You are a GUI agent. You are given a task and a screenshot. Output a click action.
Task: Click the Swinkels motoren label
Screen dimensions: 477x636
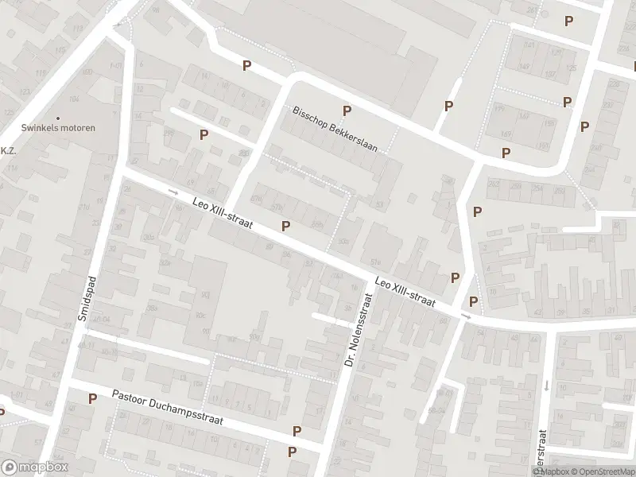(58, 128)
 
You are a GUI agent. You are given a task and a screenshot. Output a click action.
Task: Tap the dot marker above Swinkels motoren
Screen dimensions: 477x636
(58, 118)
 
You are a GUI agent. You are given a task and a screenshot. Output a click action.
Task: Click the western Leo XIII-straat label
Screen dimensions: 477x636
(223, 215)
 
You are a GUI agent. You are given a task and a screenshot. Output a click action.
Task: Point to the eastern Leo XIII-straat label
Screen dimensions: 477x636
(405, 292)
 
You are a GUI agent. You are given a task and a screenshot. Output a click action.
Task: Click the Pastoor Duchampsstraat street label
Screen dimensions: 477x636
(167, 407)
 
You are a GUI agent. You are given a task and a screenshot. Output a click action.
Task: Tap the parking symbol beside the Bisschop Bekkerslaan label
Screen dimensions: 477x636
(346, 111)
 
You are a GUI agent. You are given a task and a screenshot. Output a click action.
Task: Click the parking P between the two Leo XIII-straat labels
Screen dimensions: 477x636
(285, 226)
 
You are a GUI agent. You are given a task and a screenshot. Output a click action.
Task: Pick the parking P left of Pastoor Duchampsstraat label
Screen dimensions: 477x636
(92, 398)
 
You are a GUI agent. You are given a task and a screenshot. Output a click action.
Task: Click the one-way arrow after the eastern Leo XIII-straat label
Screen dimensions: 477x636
(466, 317)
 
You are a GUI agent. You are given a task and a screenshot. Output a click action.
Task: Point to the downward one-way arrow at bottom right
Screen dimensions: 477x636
(547, 386)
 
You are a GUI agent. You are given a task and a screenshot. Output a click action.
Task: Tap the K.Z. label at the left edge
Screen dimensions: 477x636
(8, 150)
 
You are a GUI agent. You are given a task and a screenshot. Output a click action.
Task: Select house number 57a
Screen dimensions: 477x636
(375, 262)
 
